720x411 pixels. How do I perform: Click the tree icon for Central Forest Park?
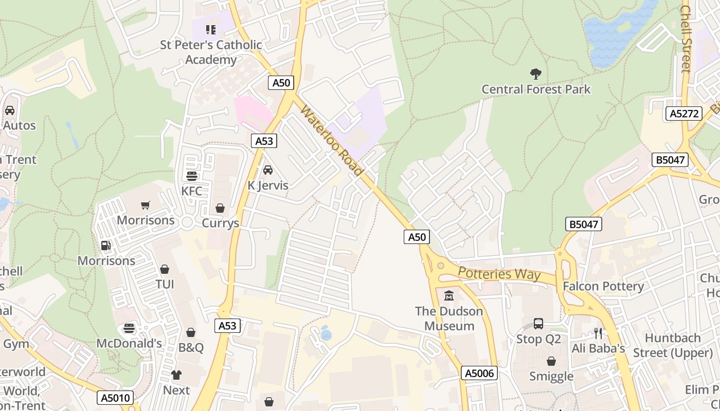[x=535, y=74]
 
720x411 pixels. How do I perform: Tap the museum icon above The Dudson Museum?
[x=449, y=296]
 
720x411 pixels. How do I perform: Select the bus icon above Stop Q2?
[x=538, y=324]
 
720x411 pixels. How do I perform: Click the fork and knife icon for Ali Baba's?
[x=598, y=333]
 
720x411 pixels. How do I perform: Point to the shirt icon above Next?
[x=176, y=375]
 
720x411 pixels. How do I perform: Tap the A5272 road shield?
[x=683, y=114]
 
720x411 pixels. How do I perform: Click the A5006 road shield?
[x=479, y=373]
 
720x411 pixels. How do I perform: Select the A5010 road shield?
[x=115, y=398]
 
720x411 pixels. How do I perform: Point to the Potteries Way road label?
[x=499, y=273]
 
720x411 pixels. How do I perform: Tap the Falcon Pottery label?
[x=603, y=286]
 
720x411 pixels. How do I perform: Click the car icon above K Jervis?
[x=268, y=170]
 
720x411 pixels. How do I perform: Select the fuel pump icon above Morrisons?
[x=106, y=246]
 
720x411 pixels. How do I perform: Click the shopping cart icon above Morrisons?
[x=146, y=205]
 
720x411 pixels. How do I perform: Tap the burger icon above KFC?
[x=192, y=176]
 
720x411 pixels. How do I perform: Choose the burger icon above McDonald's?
[x=129, y=328]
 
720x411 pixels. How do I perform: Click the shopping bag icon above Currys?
[x=220, y=208]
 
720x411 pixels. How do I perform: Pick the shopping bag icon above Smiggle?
[x=551, y=361]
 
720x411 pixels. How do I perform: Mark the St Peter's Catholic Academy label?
[x=211, y=52]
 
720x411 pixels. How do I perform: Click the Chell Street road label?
[x=686, y=39]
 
